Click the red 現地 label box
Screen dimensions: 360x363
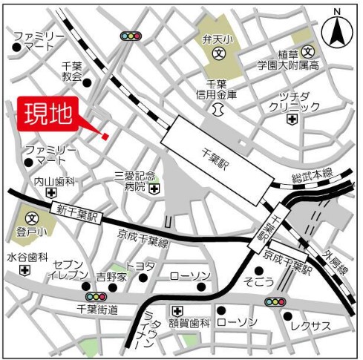[49, 114]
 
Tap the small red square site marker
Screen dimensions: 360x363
[105, 136]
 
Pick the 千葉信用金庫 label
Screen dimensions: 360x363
[221, 89]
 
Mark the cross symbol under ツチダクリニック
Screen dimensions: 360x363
[294, 120]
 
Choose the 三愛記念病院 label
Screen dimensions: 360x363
[135, 181]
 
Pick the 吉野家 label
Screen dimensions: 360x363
[112, 277]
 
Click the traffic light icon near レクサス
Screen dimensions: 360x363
[276, 301]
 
